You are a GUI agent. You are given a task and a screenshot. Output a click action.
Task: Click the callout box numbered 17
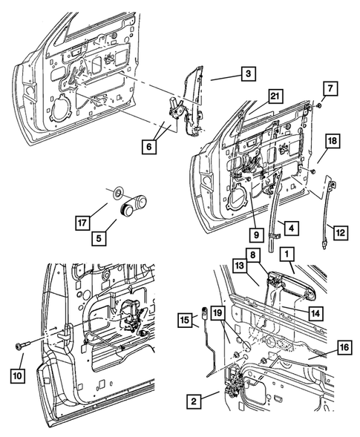point(83,220)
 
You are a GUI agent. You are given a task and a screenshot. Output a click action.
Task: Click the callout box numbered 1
point(285,254)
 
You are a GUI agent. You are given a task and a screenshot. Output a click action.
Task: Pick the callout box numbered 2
point(192,401)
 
